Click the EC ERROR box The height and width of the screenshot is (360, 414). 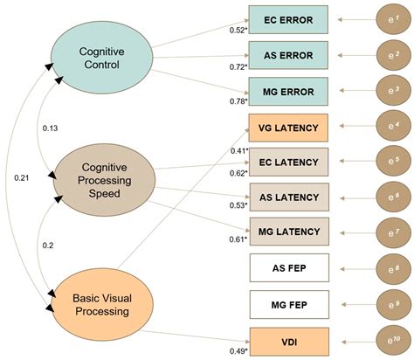click(288, 18)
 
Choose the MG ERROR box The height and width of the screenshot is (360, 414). click(288, 91)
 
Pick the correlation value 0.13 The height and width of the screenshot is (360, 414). click(51, 129)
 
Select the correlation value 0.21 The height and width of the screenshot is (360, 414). click(21, 178)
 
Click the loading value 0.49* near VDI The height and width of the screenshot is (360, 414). click(238, 350)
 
